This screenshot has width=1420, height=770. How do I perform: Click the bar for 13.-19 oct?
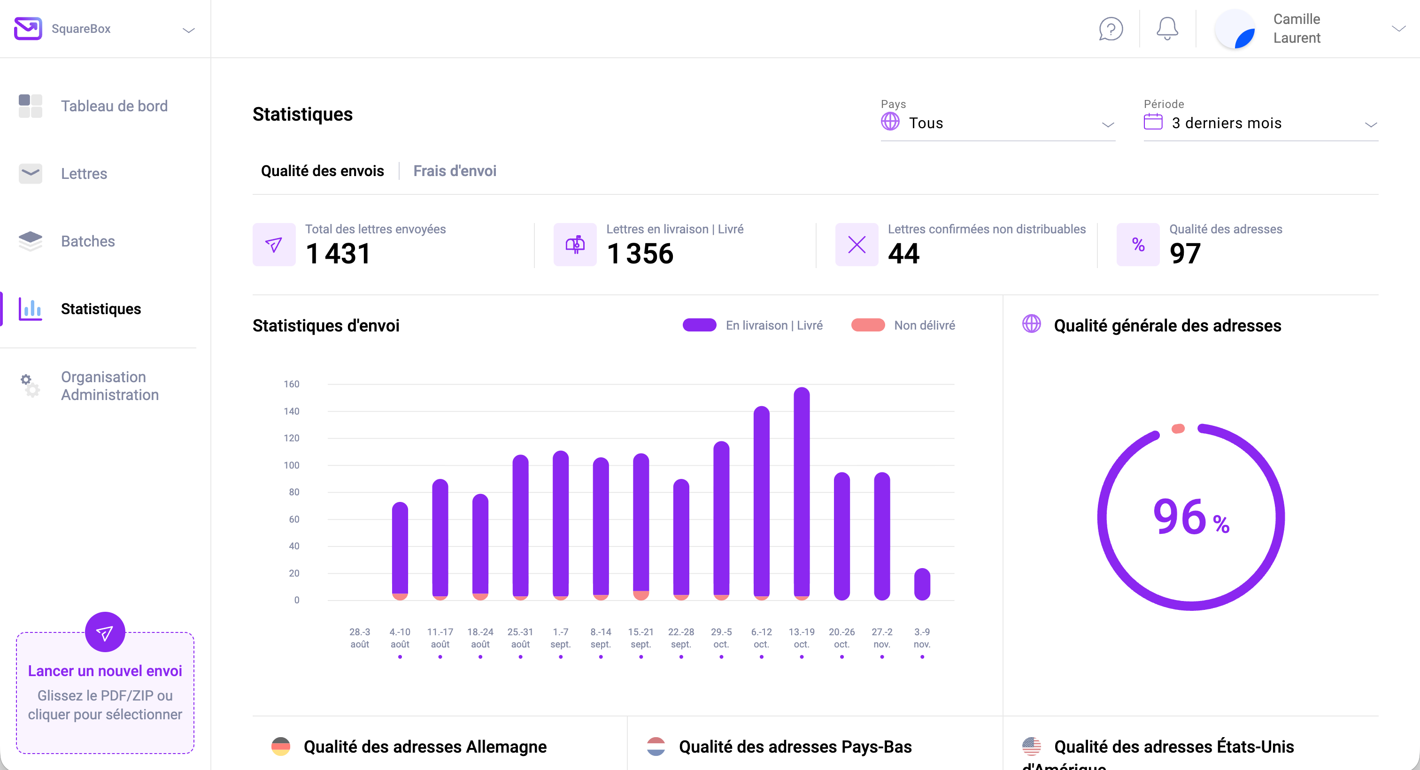point(802,493)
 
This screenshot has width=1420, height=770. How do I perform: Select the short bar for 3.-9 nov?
point(922,584)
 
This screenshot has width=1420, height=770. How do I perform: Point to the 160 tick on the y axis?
point(292,384)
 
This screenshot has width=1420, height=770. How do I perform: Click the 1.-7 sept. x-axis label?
point(561,638)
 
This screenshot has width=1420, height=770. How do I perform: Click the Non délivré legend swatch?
point(868,325)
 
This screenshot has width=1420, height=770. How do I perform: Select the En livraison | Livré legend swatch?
point(699,325)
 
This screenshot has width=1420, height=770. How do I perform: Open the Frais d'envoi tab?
point(455,171)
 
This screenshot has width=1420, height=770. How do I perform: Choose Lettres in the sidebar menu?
point(84,174)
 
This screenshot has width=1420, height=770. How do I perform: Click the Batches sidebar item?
point(88,241)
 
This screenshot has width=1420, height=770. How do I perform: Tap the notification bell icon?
point(1167,29)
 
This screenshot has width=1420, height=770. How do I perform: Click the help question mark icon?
point(1111,29)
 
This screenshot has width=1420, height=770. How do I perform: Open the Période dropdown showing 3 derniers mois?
point(1260,123)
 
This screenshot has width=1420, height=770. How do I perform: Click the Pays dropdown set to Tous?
point(997,123)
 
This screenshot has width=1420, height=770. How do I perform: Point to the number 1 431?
point(338,254)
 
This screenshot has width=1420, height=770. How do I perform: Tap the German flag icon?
point(281,747)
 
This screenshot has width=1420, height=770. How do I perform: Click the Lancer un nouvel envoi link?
point(105,671)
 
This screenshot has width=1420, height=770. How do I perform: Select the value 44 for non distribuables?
point(903,254)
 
